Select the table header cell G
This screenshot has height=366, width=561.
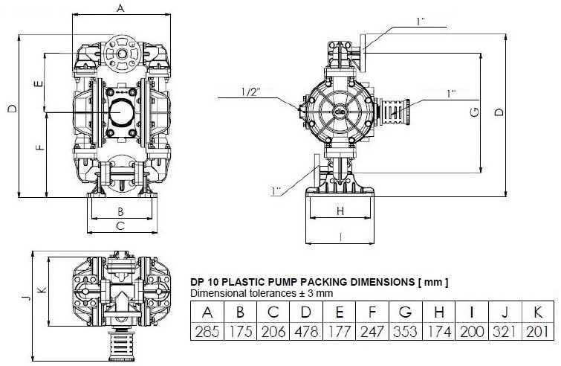coord(405,312)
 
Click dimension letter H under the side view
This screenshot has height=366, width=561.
coord(340,211)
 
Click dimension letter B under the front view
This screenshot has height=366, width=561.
coord(120,211)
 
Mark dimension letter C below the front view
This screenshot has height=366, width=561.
coord(120,227)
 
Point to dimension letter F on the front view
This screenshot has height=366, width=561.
coord(38,147)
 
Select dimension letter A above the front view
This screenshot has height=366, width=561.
coord(120,8)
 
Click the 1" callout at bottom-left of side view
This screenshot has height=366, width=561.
coord(277,192)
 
